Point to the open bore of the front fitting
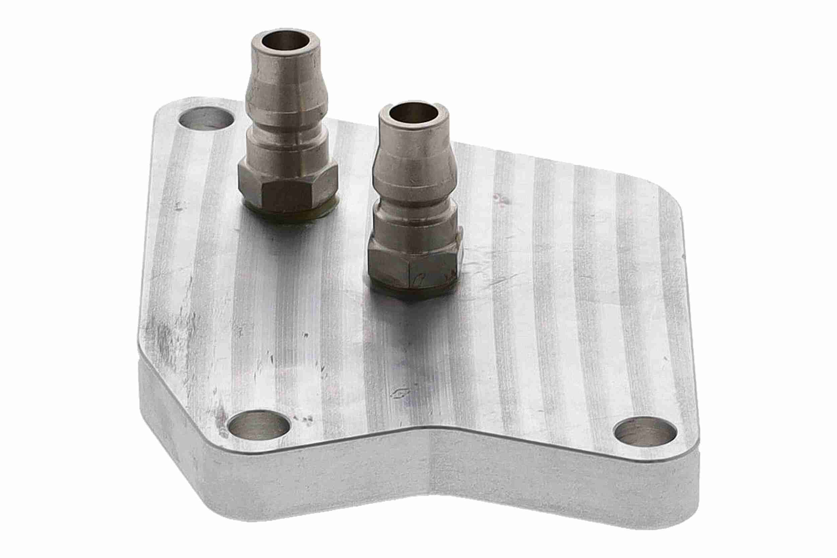(413, 113)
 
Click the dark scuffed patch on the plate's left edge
(164, 338)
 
